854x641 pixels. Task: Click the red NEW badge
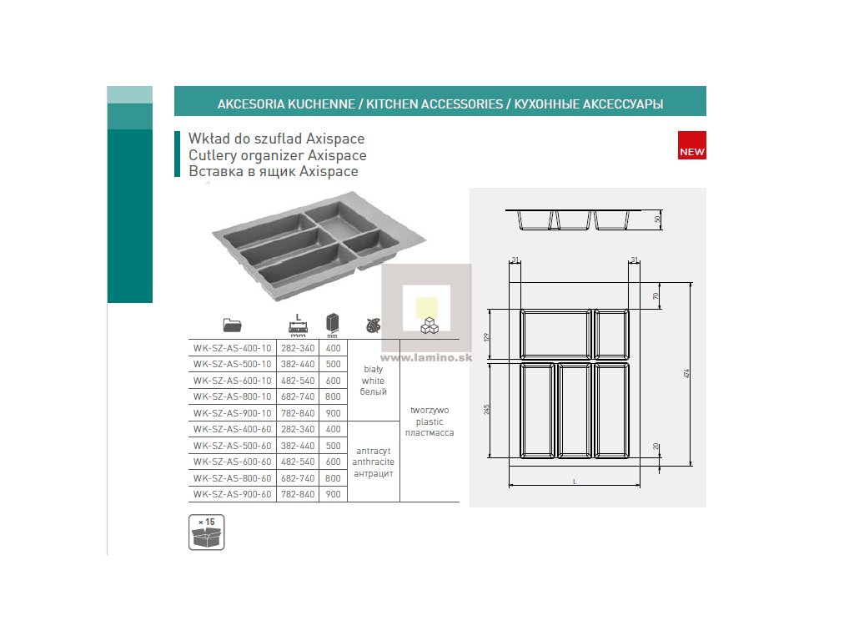click(692, 146)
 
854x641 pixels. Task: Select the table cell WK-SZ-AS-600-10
click(233, 381)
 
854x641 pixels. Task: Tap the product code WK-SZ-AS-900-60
click(233, 494)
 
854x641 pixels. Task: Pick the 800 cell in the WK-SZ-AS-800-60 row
click(334, 478)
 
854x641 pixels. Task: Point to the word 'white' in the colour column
click(373, 381)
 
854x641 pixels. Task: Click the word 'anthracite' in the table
click(373, 462)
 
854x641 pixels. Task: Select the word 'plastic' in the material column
click(429, 421)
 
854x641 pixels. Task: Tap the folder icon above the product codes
click(232, 325)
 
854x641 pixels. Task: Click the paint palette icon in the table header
click(372, 325)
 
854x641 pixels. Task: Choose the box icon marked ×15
click(207, 532)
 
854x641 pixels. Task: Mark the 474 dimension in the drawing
click(686, 373)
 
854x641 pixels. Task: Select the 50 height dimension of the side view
click(657, 220)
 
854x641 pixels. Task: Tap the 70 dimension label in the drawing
click(656, 295)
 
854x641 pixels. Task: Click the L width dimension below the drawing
click(575, 482)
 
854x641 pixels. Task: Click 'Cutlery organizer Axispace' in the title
click(278, 155)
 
